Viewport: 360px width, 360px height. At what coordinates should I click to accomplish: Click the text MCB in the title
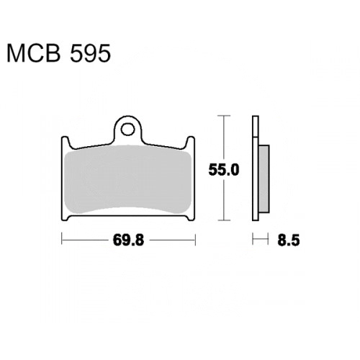33,53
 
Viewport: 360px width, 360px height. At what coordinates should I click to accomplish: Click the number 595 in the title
90,53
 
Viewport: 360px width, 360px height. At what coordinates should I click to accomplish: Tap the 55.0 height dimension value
224,170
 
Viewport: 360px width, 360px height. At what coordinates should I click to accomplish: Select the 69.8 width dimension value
128,240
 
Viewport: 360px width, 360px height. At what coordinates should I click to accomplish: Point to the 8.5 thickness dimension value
289,240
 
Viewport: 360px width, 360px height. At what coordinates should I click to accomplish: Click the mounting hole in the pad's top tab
127,130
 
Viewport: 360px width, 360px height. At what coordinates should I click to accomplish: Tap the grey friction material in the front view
128,179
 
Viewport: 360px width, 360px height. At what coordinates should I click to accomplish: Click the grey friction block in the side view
264,179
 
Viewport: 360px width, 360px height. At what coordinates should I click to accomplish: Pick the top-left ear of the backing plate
66,142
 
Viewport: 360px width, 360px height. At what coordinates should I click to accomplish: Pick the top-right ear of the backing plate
190,142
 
